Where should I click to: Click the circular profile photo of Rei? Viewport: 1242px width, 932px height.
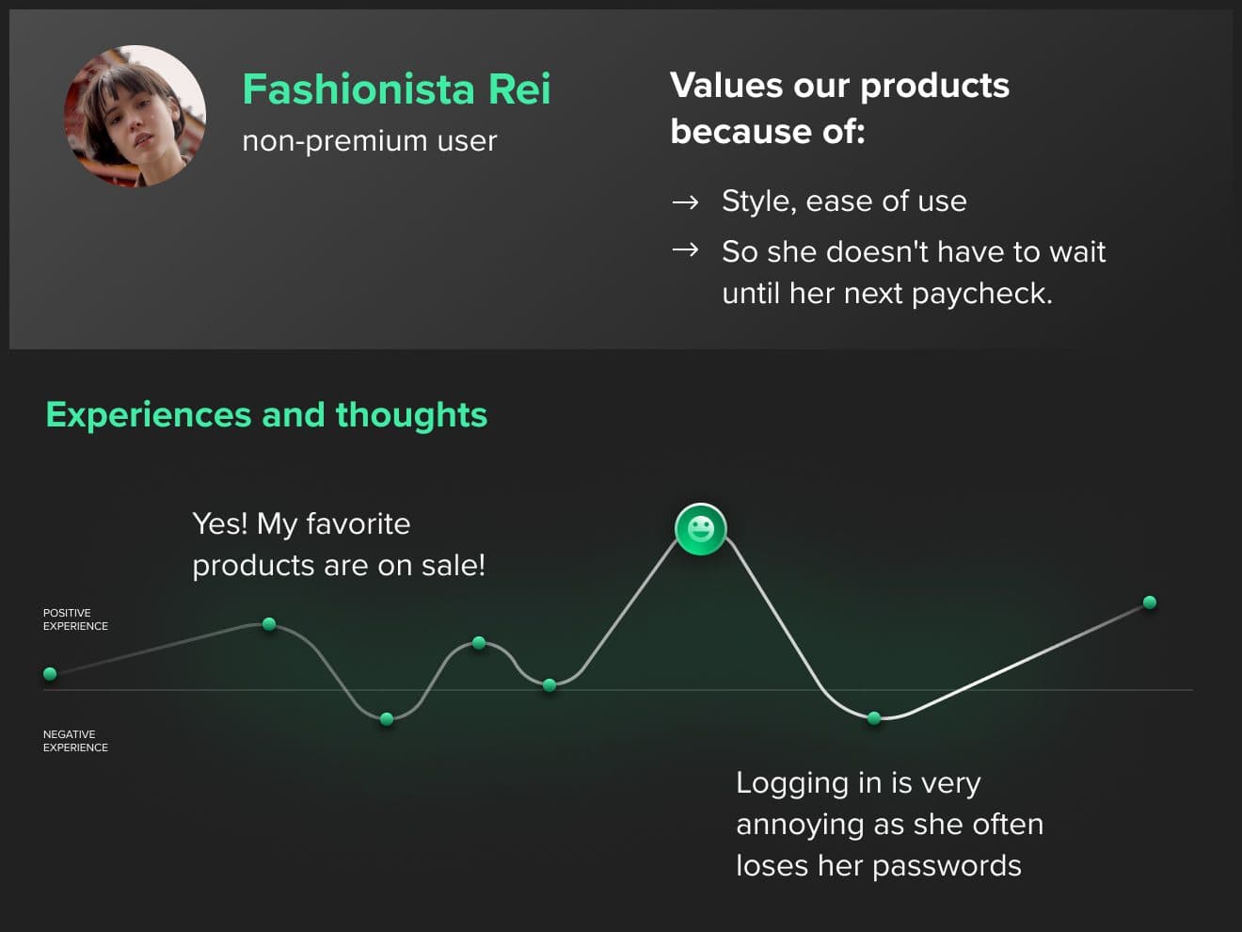[135, 116]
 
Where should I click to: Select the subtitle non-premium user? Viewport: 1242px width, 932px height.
[370, 141]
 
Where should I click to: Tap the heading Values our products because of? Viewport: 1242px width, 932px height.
[839, 108]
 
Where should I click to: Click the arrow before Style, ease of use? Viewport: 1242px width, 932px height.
[685, 202]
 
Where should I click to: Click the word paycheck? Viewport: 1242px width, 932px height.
[981, 295]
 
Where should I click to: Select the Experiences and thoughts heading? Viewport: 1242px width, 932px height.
[266, 415]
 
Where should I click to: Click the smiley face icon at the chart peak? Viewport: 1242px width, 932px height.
[700, 529]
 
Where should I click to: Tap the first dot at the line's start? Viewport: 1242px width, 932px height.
[50, 673]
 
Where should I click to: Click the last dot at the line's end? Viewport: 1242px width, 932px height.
[1149, 603]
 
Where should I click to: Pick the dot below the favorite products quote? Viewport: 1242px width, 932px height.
[269, 623]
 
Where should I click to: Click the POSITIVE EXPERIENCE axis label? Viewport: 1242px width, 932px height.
[75, 619]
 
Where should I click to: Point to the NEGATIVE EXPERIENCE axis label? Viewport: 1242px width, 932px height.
[75, 741]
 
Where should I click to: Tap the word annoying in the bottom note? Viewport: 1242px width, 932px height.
[800, 826]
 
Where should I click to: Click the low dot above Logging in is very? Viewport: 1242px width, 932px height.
[874, 718]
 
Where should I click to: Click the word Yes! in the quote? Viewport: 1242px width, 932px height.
[219, 523]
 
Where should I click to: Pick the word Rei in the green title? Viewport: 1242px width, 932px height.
[518, 88]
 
